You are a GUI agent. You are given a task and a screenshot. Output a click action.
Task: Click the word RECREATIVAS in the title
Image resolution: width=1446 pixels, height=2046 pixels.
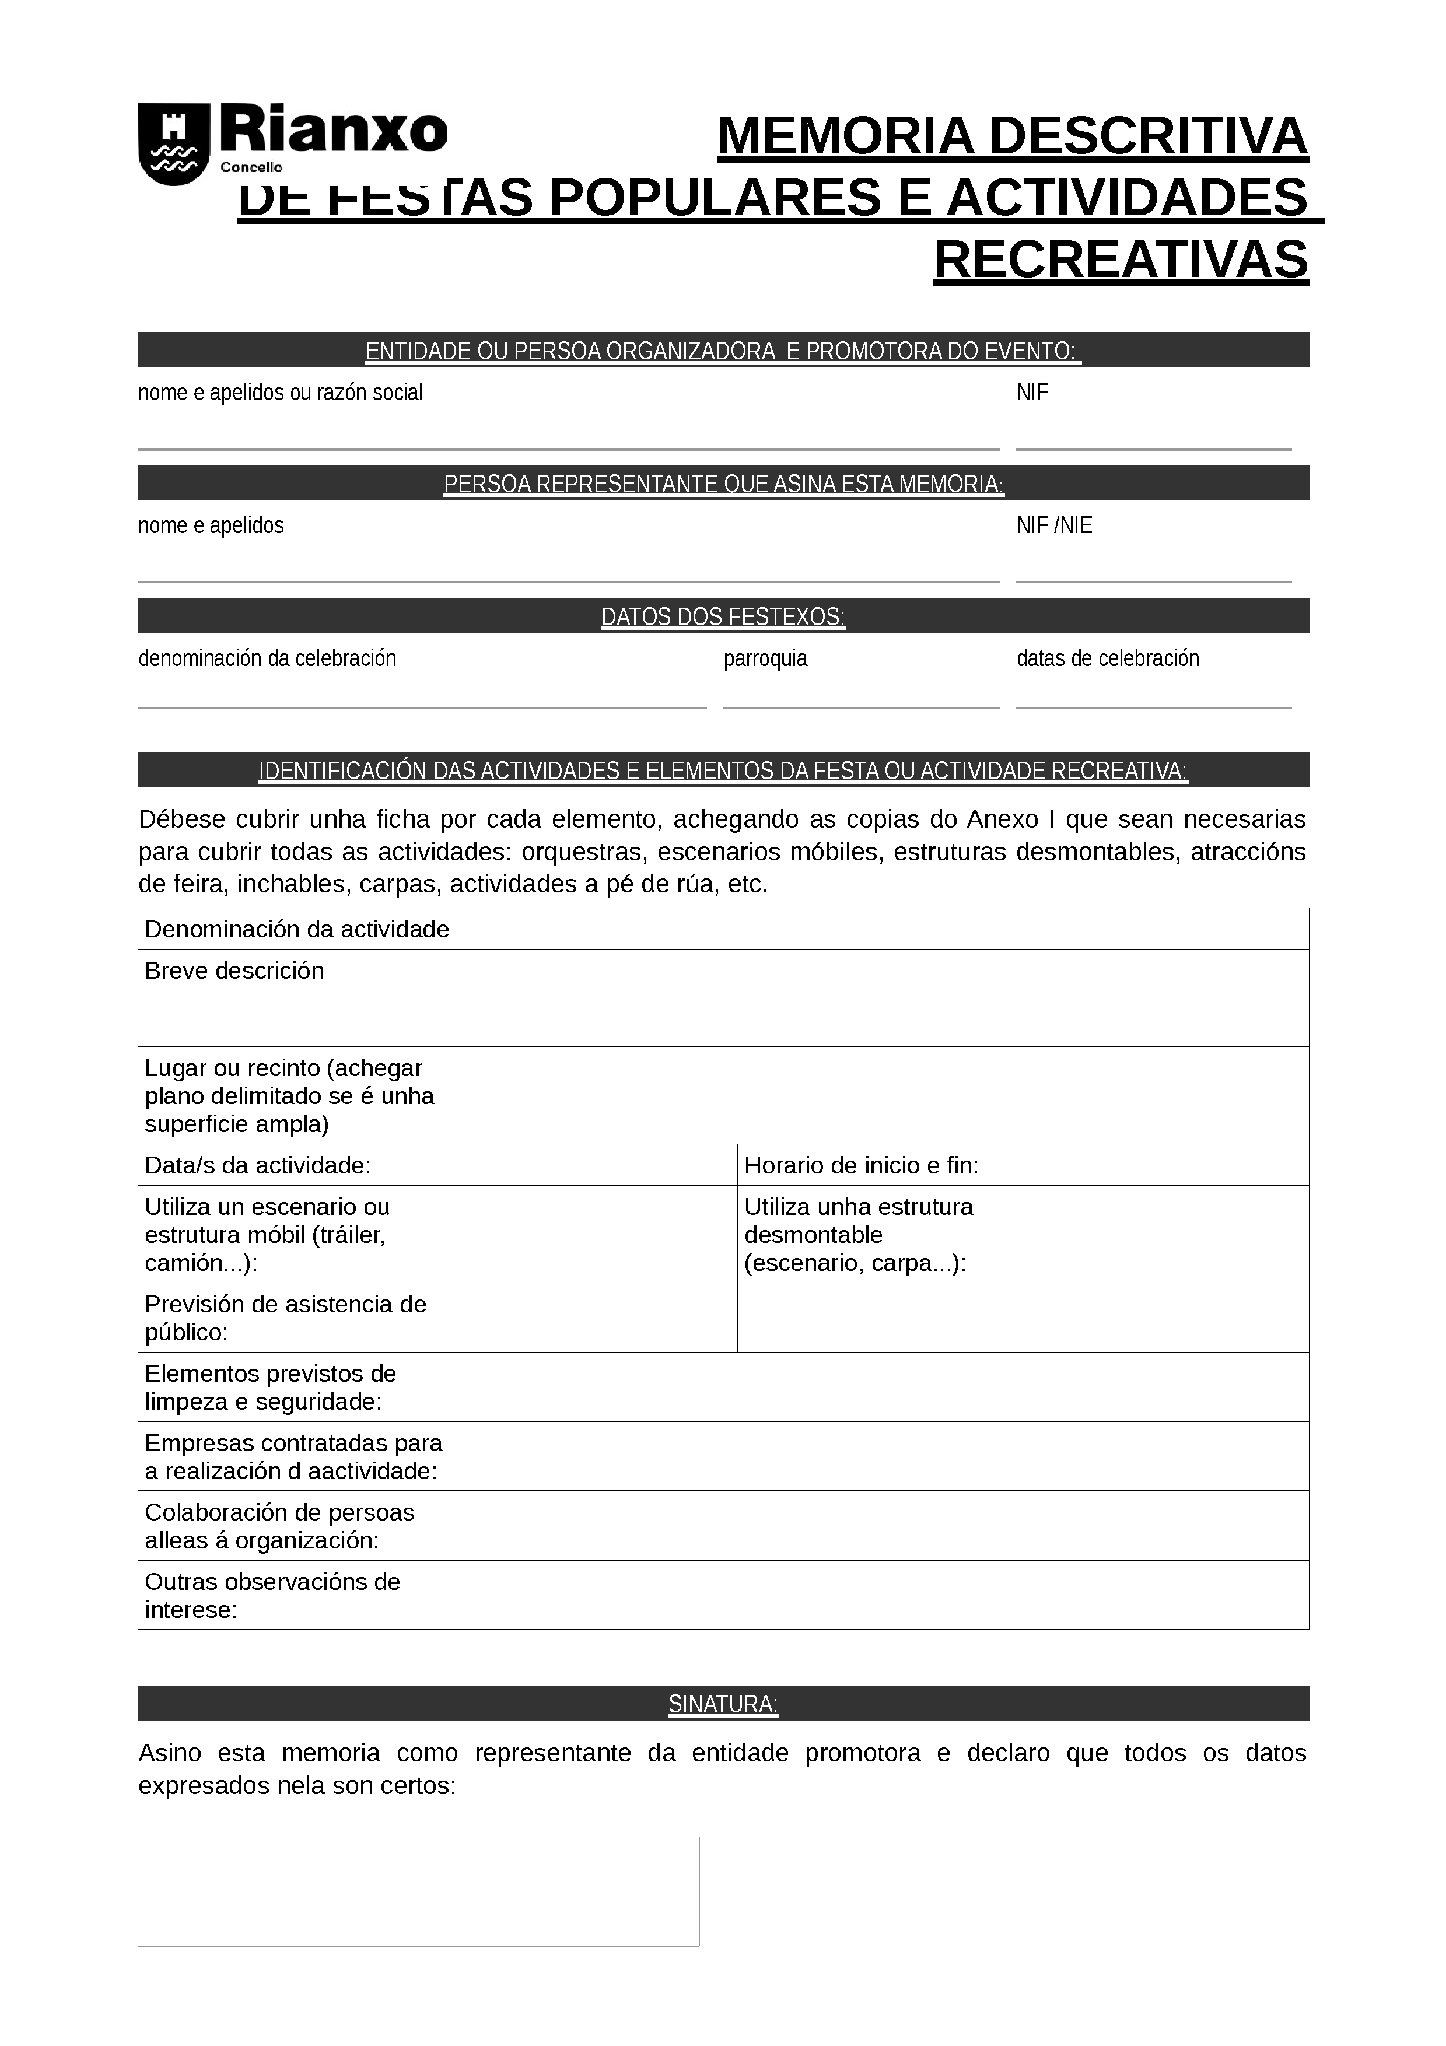[1120, 260]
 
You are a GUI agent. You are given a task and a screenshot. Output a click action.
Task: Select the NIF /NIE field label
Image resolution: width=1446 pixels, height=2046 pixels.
[1054, 525]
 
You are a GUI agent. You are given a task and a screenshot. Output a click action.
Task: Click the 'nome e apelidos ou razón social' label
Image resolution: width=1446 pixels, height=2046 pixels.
[280, 393]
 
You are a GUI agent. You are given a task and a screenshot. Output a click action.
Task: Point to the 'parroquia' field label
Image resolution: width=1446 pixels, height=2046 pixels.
[765, 658]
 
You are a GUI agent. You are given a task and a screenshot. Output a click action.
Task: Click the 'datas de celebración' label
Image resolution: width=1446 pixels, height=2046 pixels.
[1108, 658]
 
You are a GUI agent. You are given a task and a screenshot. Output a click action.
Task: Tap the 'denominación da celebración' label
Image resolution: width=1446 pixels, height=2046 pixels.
[267, 658]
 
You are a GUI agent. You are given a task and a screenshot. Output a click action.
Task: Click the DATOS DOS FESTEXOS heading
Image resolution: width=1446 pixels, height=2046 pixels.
[723, 616]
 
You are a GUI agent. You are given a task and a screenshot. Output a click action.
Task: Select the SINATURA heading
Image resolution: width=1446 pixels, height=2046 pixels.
[723, 1704]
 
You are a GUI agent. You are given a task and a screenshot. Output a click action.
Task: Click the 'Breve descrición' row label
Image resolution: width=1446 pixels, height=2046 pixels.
[234, 971]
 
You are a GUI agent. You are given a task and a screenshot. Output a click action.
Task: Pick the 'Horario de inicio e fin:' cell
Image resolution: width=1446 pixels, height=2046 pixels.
[860, 1165]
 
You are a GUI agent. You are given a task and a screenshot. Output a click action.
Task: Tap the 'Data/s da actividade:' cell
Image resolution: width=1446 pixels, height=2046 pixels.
[257, 1165]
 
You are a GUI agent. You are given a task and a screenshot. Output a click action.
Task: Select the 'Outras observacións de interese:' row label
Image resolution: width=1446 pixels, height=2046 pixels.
[272, 1595]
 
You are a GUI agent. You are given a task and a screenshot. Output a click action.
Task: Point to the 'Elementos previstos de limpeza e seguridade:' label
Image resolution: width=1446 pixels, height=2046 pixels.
[270, 1388]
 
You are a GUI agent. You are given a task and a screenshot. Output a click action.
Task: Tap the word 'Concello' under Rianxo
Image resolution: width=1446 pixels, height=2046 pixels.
[251, 167]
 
